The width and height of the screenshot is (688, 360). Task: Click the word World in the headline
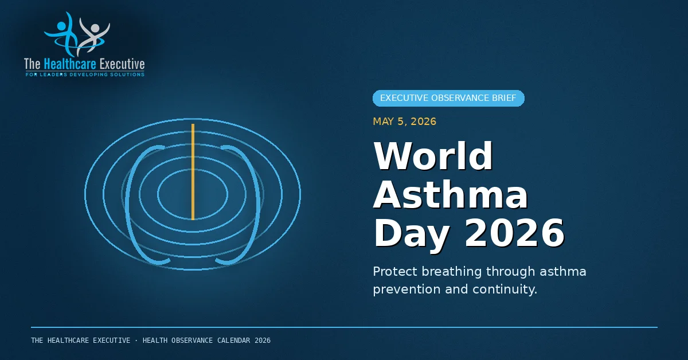[433, 156]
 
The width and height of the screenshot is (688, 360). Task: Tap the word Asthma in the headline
[451, 194]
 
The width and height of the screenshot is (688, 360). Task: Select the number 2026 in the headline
[514, 233]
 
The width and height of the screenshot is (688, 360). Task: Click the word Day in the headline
[412, 235]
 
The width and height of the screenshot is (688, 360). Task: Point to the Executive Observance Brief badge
[448, 98]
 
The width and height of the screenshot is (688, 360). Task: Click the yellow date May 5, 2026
[405, 122]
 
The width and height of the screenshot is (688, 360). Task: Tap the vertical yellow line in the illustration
[193, 172]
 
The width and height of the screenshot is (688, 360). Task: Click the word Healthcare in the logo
[70, 64]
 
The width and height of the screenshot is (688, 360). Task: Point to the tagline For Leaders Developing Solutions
[85, 75]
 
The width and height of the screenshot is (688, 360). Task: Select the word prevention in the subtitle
[406, 289]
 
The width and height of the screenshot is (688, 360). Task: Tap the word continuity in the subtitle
[505, 289]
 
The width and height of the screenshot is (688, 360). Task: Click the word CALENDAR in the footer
[234, 341]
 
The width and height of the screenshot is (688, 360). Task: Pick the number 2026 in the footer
[263, 341]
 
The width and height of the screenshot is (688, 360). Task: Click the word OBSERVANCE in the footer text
[192, 341]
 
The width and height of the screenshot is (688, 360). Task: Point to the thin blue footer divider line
[345, 327]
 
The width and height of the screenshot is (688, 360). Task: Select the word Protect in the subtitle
[395, 272]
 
